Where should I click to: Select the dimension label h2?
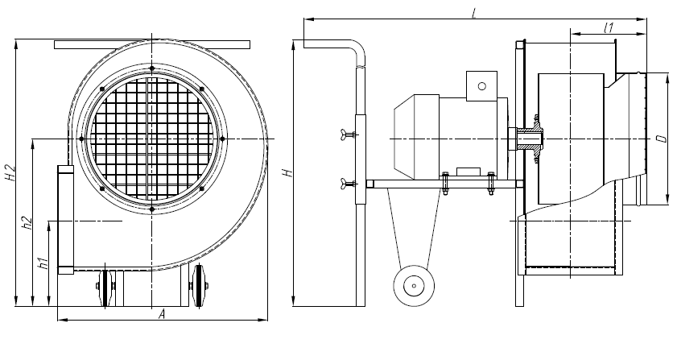tap(27, 222)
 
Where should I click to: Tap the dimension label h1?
tap(43, 263)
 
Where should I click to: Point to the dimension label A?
tap(162, 314)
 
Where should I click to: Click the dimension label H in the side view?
tap(287, 173)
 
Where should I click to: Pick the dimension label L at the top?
tap(474, 14)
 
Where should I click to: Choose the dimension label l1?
tap(609, 28)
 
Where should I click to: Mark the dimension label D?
tap(661, 139)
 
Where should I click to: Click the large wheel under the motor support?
tap(414, 286)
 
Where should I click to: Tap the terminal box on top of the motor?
tap(481, 86)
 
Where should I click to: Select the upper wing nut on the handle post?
tap(348, 134)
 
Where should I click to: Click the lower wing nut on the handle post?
tap(348, 183)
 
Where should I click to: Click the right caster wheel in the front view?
tap(199, 285)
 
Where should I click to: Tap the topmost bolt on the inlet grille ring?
tap(152, 68)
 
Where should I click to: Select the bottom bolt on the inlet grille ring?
tap(152, 209)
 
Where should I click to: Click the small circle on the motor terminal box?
tap(482, 85)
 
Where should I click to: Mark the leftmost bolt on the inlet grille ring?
tap(81, 139)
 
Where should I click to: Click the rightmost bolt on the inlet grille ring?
tap(222, 139)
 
